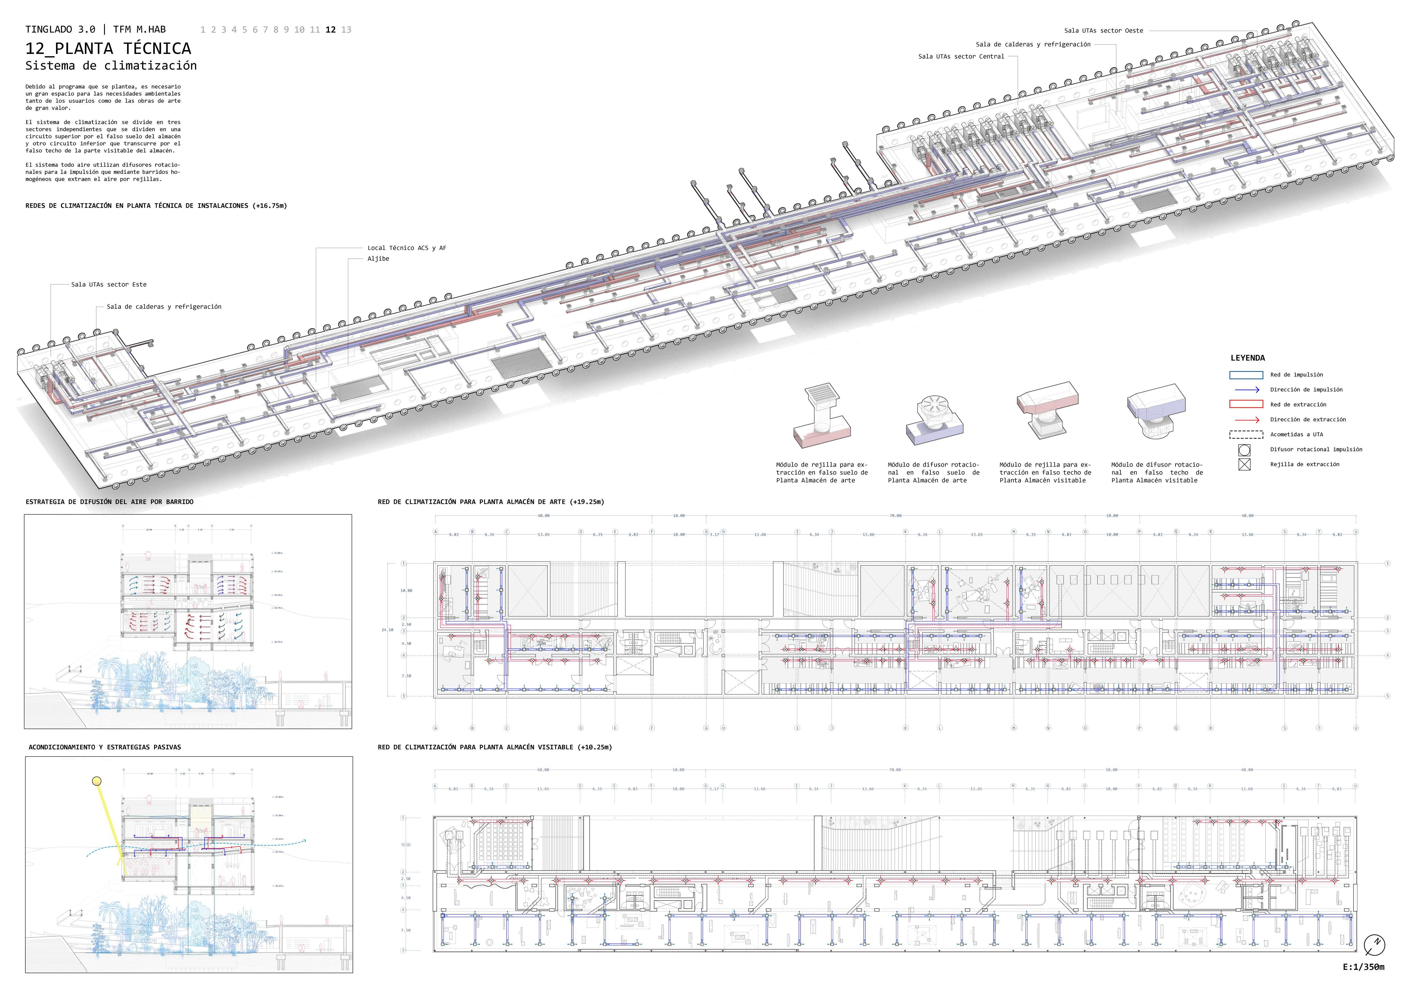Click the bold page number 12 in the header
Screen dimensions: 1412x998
(x=331, y=30)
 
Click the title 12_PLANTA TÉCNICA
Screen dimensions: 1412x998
(x=108, y=49)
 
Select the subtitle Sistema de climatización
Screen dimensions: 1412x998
(x=111, y=66)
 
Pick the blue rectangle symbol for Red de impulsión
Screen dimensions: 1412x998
(x=1246, y=375)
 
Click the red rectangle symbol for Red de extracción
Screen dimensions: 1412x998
(x=1246, y=404)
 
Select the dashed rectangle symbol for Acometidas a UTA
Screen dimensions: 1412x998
(x=1246, y=434)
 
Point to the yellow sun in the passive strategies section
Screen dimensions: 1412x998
(x=97, y=782)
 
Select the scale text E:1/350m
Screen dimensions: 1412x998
(x=1363, y=967)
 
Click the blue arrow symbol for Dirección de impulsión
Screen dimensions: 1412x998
(x=1246, y=389)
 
